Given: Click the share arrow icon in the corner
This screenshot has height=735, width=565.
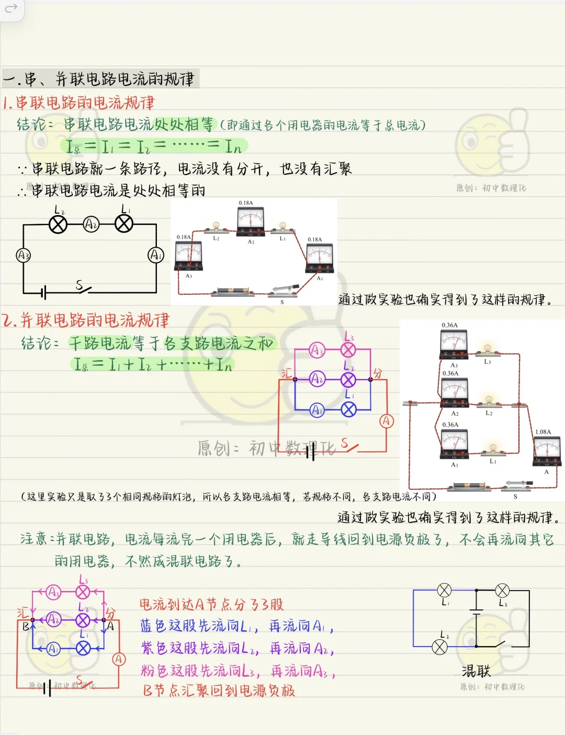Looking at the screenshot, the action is click(11, 8).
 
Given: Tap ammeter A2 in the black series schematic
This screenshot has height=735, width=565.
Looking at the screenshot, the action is click(91, 225).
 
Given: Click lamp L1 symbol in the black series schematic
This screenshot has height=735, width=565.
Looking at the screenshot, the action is click(124, 224).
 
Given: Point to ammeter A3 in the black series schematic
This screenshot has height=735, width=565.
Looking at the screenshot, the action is click(23, 255).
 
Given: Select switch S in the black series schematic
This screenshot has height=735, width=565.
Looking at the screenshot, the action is click(83, 288).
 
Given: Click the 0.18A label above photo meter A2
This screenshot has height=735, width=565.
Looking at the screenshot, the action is click(246, 203).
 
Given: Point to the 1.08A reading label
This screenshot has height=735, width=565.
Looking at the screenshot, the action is click(543, 432).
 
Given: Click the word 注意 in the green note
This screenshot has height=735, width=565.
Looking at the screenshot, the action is click(33, 539).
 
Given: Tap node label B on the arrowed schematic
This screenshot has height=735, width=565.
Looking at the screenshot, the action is click(26, 626).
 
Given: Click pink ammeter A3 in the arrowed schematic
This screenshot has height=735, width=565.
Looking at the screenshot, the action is click(53, 592).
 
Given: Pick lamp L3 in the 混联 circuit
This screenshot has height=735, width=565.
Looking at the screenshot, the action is click(502, 591).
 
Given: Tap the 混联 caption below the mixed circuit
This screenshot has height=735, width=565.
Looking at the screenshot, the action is click(476, 671).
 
